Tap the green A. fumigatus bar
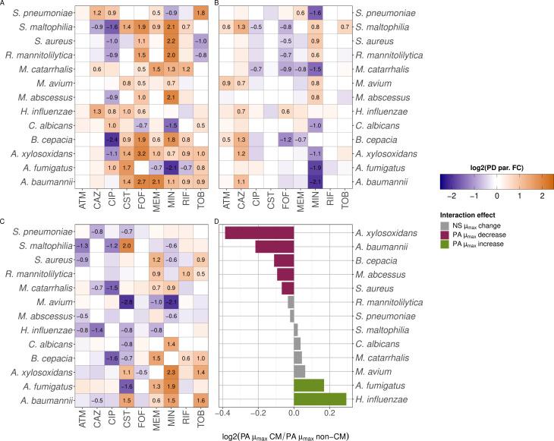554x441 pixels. click(309, 384)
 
